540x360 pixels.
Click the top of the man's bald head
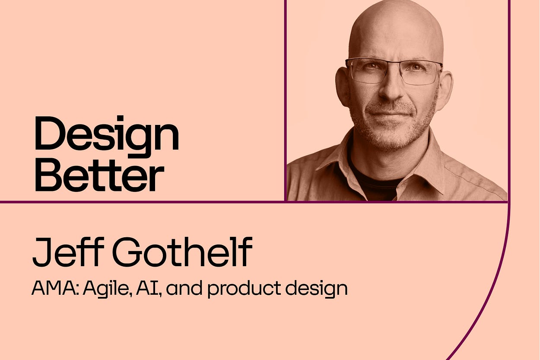click(395, 17)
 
